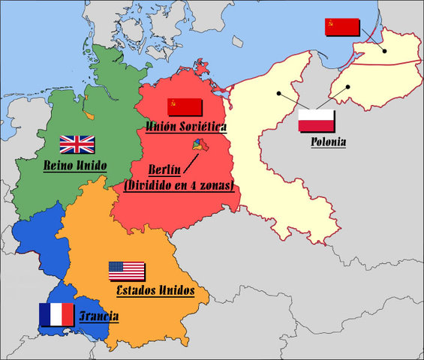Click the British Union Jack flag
click(77, 144)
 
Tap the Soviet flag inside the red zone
click(185, 106)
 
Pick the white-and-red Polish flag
click(316, 120)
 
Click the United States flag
click(126, 271)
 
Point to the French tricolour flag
click(56, 314)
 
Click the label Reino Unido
click(76, 165)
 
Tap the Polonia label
click(328, 141)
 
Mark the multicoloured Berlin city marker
click(198, 143)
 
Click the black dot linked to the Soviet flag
click(383, 51)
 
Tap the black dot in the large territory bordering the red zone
click(278, 94)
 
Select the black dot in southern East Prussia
click(349, 87)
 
